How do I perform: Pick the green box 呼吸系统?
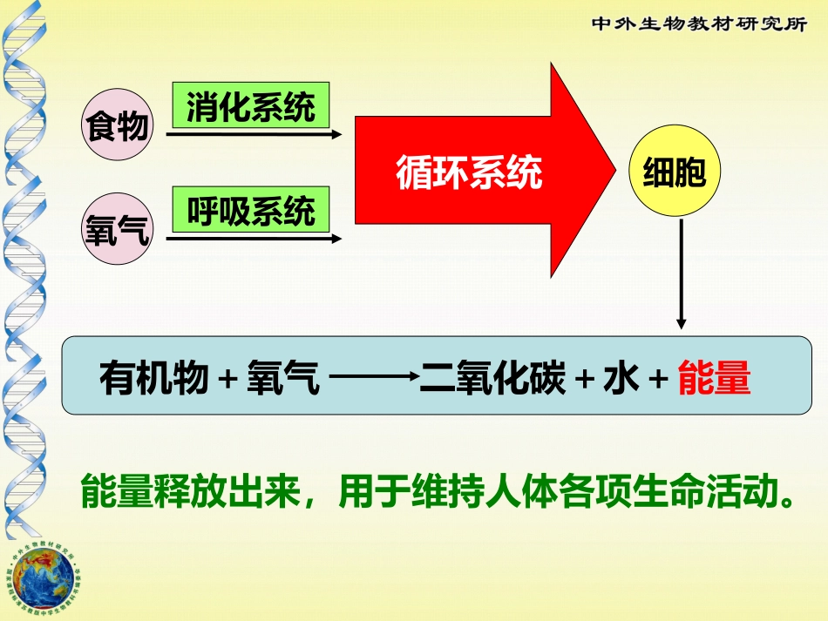coord(250,209)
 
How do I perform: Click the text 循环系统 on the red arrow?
coord(469,172)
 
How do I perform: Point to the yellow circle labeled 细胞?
coord(674,174)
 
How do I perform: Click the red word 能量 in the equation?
coord(714,381)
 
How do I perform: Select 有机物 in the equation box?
coord(154,381)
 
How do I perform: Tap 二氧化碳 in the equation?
coord(492,381)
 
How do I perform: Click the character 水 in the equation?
coord(620,381)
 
